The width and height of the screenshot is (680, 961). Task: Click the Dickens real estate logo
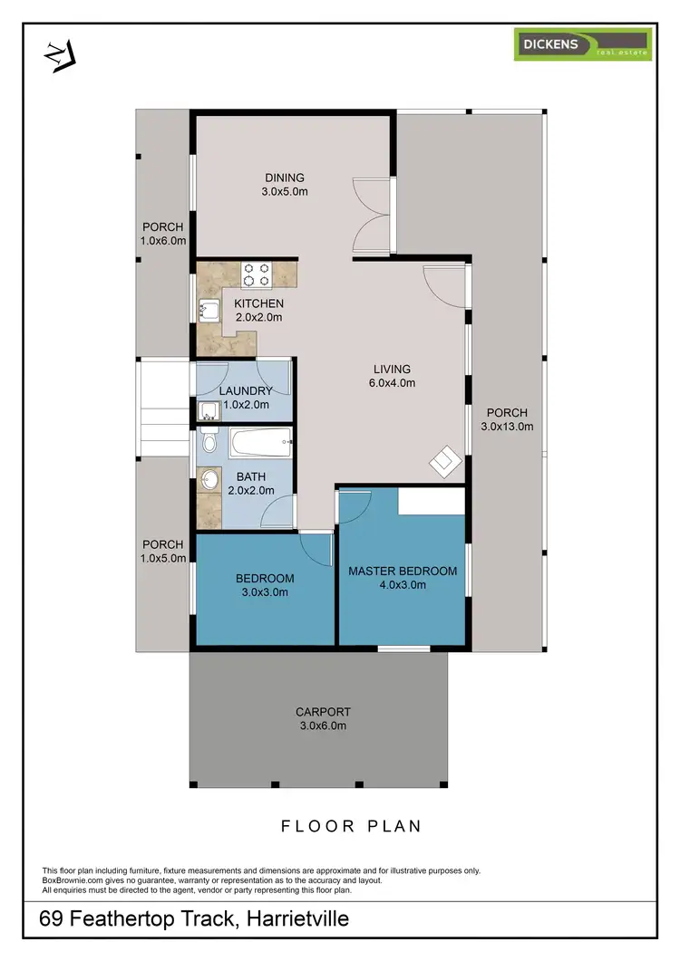(x=583, y=44)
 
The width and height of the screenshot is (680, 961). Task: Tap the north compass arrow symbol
(x=59, y=55)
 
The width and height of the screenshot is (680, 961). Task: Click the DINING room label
(x=285, y=178)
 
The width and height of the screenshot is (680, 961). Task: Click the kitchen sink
(x=209, y=311)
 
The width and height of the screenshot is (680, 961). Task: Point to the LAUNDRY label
(x=246, y=391)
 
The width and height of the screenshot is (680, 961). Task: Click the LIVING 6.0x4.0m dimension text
(x=393, y=383)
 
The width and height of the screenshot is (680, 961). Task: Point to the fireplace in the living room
(x=444, y=461)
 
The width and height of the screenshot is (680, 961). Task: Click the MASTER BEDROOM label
(x=403, y=572)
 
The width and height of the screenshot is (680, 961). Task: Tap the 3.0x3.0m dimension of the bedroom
(x=265, y=593)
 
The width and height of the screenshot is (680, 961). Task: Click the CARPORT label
(x=323, y=712)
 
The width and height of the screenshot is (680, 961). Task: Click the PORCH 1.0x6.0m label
(x=163, y=234)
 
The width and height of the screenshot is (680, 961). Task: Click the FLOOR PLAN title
(x=351, y=826)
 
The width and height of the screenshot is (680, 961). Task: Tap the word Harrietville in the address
(x=292, y=920)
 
